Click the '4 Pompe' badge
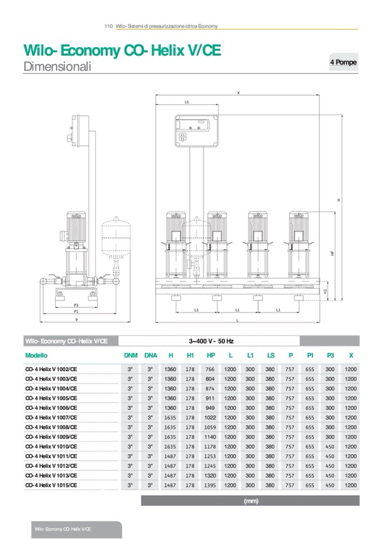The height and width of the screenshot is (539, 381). tap(342, 62)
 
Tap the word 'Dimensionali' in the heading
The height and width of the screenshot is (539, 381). tap(57, 66)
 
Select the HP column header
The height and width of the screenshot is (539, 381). tap(211, 355)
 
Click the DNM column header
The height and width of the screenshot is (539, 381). tap(130, 355)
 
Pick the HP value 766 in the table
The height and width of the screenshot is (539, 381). tap(210, 369)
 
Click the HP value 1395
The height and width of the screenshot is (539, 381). tap(210, 484)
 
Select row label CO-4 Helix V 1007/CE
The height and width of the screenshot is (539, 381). tap(52, 417)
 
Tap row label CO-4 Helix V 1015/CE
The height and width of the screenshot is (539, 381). tap(52, 484)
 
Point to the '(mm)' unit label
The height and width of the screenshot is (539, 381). tap(251, 501)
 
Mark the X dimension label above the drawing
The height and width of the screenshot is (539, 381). tap(238, 93)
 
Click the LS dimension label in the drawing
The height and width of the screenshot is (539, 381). tap(187, 103)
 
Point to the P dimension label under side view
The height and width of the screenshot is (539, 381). tap(76, 319)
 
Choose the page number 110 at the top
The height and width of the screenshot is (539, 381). tap(108, 26)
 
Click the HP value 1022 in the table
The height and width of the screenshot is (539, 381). tap(210, 417)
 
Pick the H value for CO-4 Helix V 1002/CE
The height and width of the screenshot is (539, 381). tap(170, 369)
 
